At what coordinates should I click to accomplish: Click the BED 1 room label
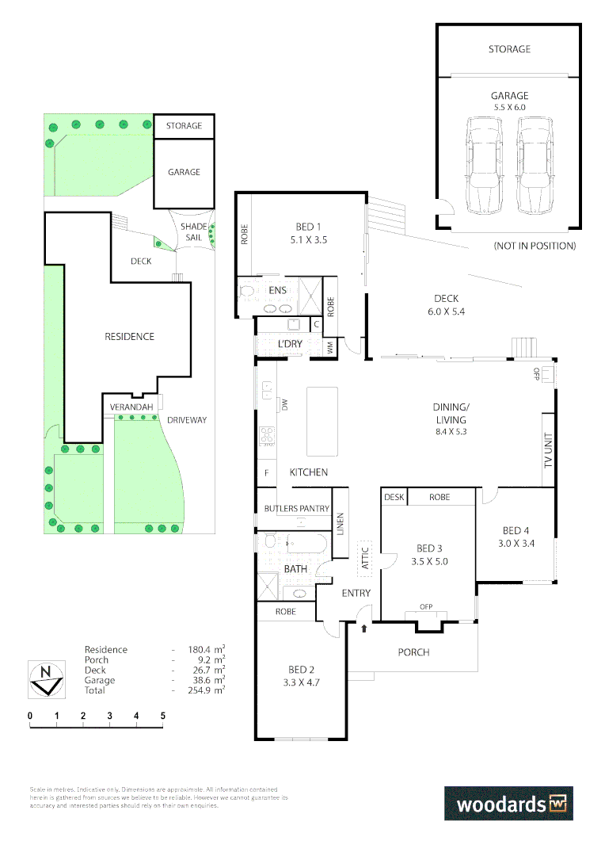[x=299, y=225]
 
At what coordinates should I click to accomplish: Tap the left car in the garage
[x=483, y=165]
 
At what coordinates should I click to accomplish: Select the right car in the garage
[x=535, y=165]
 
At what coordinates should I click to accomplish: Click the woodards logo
[x=508, y=803]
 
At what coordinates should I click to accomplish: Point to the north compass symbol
[x=46, y=678]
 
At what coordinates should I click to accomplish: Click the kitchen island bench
[x=322, y=421]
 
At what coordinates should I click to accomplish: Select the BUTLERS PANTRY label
[x=296, y=508]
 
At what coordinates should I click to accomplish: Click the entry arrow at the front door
[x=364, y=629]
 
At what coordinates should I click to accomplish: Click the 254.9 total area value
[x=208, y=690]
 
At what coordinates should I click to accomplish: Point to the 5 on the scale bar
[x=162, y=716]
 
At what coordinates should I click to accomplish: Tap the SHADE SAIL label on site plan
[x=196, y=231]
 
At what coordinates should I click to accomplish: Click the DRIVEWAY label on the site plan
[x=186, y=419]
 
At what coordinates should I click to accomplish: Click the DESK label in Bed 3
[x=394, y=497]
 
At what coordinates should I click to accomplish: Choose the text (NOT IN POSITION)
[x=534, y=246]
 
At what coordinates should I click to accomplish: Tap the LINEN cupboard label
[x=341, y=522]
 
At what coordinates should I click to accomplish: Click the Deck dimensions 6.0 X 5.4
[x=446, y=311]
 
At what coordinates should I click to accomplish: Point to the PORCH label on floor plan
[x=413, y=652]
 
